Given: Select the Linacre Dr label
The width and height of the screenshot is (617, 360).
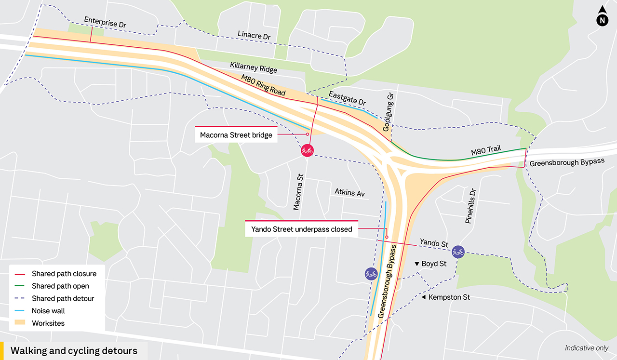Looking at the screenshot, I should click(x=254, y=35).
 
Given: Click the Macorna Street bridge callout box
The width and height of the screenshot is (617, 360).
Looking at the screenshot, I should click(x=236, y=135).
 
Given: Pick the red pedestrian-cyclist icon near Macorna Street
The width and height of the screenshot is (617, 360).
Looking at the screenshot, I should click(x=307, y=151).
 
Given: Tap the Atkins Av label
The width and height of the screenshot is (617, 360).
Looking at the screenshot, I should click(x=350, y=193).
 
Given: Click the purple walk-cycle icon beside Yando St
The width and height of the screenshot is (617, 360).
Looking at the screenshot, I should click(x=458, y=251).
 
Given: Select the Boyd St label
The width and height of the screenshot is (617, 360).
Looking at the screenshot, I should click(x=434, y=264).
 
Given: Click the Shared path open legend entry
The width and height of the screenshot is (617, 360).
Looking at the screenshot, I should click(x=60, y=286).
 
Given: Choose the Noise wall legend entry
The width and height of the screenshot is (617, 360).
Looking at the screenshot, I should click(x=48, y=311).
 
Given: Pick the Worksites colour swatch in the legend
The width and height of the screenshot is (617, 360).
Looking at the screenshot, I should click(x=21, y=323).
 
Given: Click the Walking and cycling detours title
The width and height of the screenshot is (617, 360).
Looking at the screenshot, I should click(x=74, y=351).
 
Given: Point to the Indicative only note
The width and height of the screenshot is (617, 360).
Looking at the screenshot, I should click(x=586, y=348).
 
